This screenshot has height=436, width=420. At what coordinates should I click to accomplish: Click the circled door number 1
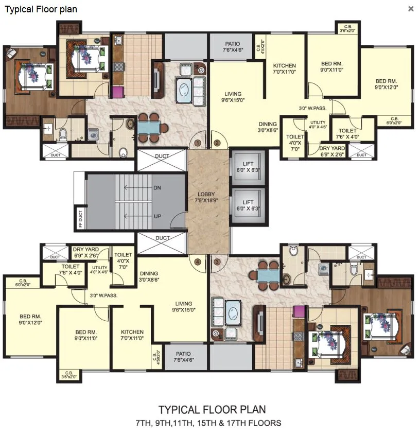click(x=198, y=143)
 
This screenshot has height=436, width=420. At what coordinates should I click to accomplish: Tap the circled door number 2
click(x=217, y=143)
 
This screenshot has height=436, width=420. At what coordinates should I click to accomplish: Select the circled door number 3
click(x=217, y=261)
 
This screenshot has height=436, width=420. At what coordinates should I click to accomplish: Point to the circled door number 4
click(x=198, y=261)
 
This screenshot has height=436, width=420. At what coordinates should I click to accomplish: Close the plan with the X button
click(x=411, y=9)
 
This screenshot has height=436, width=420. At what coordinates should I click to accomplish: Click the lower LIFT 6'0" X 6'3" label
click(x=248, y=205)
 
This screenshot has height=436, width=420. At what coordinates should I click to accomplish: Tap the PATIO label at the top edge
click(x=233, y=47)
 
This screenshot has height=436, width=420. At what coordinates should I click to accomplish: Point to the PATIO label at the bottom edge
click(x=183, y=357)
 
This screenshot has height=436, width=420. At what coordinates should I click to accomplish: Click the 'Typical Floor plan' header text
click(x=41, y=9)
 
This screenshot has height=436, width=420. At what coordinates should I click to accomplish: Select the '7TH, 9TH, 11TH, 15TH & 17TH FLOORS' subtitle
click(x=208, y=423)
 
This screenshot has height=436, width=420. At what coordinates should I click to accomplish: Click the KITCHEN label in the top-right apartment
click(x=284, y=69)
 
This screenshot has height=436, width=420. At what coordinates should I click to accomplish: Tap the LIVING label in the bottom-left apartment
click(x=183, y=306)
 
